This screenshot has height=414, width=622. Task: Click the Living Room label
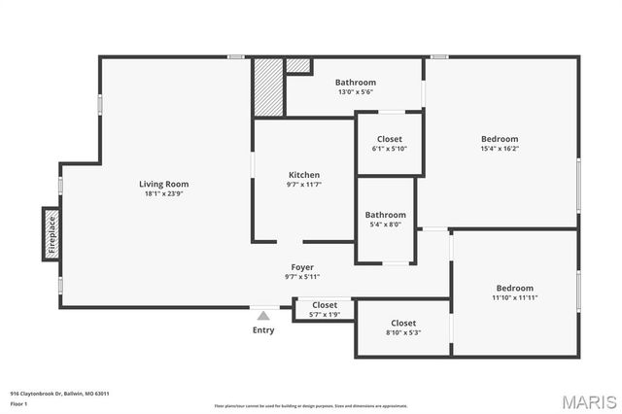click(163, 184)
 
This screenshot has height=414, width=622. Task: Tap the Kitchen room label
click(303, 175)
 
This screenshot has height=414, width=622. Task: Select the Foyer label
click(302, 266)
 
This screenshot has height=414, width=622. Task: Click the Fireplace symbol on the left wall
click(52, 234)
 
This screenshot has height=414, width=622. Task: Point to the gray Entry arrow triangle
click(262, 315)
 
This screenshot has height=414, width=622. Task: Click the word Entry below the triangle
click(263, 330)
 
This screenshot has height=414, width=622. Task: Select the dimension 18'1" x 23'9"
click(163, 193)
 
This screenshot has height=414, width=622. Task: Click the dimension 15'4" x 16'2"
click(501, 149)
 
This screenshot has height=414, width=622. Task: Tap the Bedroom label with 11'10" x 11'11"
click(514, 288)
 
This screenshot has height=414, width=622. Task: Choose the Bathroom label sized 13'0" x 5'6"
click(356, 83)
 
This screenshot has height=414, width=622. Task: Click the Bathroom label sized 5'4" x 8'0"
click(386, 215)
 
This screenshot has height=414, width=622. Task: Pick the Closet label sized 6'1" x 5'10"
click(390, 139)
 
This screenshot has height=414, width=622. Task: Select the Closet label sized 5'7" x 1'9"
click(325, 305)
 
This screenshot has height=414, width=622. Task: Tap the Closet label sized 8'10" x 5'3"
click(403, 323)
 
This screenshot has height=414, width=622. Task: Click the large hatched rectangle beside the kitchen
click(268, 86)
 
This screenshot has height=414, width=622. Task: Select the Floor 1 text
click(18, 402)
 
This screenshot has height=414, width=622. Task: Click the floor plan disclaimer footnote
click(311, 405)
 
